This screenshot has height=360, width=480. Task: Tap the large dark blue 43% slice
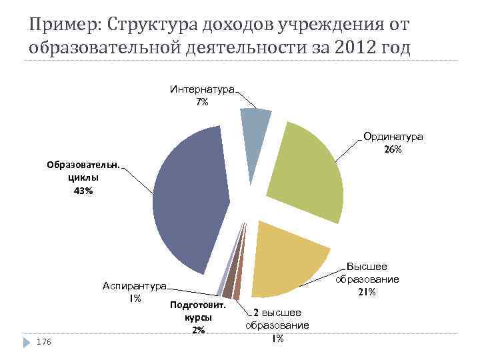click(x=190, y=200)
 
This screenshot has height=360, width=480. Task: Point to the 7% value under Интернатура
click(x=202, y=102)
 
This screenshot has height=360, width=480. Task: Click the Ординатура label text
click(x=393, y=137)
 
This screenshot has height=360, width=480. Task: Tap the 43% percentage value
click(x=83, y=191)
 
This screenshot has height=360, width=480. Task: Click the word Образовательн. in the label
click(x=83, y=166)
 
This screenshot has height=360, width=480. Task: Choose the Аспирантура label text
click(x=134, y=286)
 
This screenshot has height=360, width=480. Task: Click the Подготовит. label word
click(x=199, y=305)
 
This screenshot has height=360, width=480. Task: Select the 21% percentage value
click(x=367, y=293)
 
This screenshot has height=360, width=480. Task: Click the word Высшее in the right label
click(x=367, y=267)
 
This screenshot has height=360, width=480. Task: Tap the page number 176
click(x=44, y=341)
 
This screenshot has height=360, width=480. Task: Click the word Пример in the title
click(x=62, y=25)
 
